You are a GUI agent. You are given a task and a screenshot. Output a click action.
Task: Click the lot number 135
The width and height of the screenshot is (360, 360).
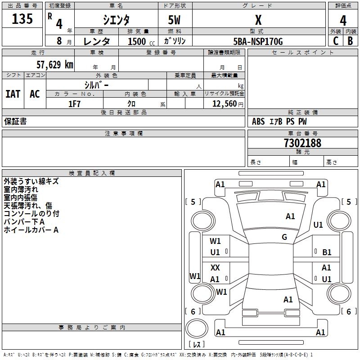point(22,19)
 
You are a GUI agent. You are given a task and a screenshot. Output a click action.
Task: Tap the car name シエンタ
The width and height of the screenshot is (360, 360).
point(116,20)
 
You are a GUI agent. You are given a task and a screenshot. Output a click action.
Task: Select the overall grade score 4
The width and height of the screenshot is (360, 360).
point(343,20)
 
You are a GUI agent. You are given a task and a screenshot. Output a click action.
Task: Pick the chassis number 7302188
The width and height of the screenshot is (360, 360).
point(302,143)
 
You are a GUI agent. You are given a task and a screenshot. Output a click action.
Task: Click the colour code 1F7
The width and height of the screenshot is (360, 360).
point(74,104)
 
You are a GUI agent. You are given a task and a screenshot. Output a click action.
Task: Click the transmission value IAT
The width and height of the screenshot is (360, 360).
point(13,94)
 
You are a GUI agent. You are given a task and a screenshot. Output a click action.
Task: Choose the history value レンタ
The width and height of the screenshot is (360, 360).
point(97,41)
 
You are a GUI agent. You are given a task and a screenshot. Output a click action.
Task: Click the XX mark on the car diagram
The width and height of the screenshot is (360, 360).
point(215,268)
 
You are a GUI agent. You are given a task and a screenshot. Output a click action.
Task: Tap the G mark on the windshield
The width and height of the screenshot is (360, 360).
point(284,237)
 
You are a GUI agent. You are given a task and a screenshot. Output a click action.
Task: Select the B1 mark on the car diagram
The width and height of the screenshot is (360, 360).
point(327,252)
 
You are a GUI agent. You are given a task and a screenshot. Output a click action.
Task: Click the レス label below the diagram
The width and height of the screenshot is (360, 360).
point(197,344)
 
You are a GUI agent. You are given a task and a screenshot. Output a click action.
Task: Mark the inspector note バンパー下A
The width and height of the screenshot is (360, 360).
point(24,222)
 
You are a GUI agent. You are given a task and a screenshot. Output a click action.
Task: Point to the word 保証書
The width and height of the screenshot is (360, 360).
point(15,121)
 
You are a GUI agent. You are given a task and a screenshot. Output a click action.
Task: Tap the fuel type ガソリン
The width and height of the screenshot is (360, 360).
point(175,41)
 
